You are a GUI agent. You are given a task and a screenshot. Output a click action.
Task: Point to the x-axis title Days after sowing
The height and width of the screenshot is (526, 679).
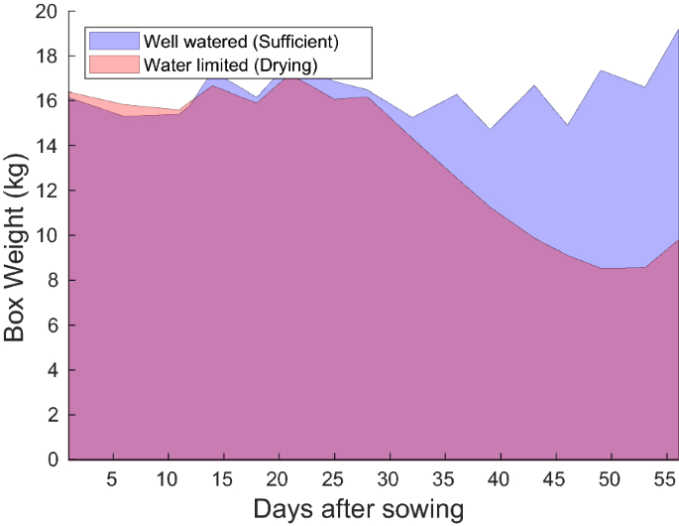(359, 510)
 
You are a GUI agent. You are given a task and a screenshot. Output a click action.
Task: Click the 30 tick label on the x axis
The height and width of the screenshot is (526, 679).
(390, 478)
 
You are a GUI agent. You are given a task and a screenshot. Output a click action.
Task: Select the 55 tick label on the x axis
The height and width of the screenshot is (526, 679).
(668, 478)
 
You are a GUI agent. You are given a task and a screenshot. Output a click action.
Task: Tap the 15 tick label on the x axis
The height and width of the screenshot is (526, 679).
(223, 478)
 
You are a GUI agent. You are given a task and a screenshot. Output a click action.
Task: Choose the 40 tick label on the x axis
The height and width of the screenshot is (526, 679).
(501, 478)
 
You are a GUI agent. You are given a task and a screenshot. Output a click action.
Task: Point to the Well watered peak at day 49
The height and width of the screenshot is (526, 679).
(601, 70)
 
